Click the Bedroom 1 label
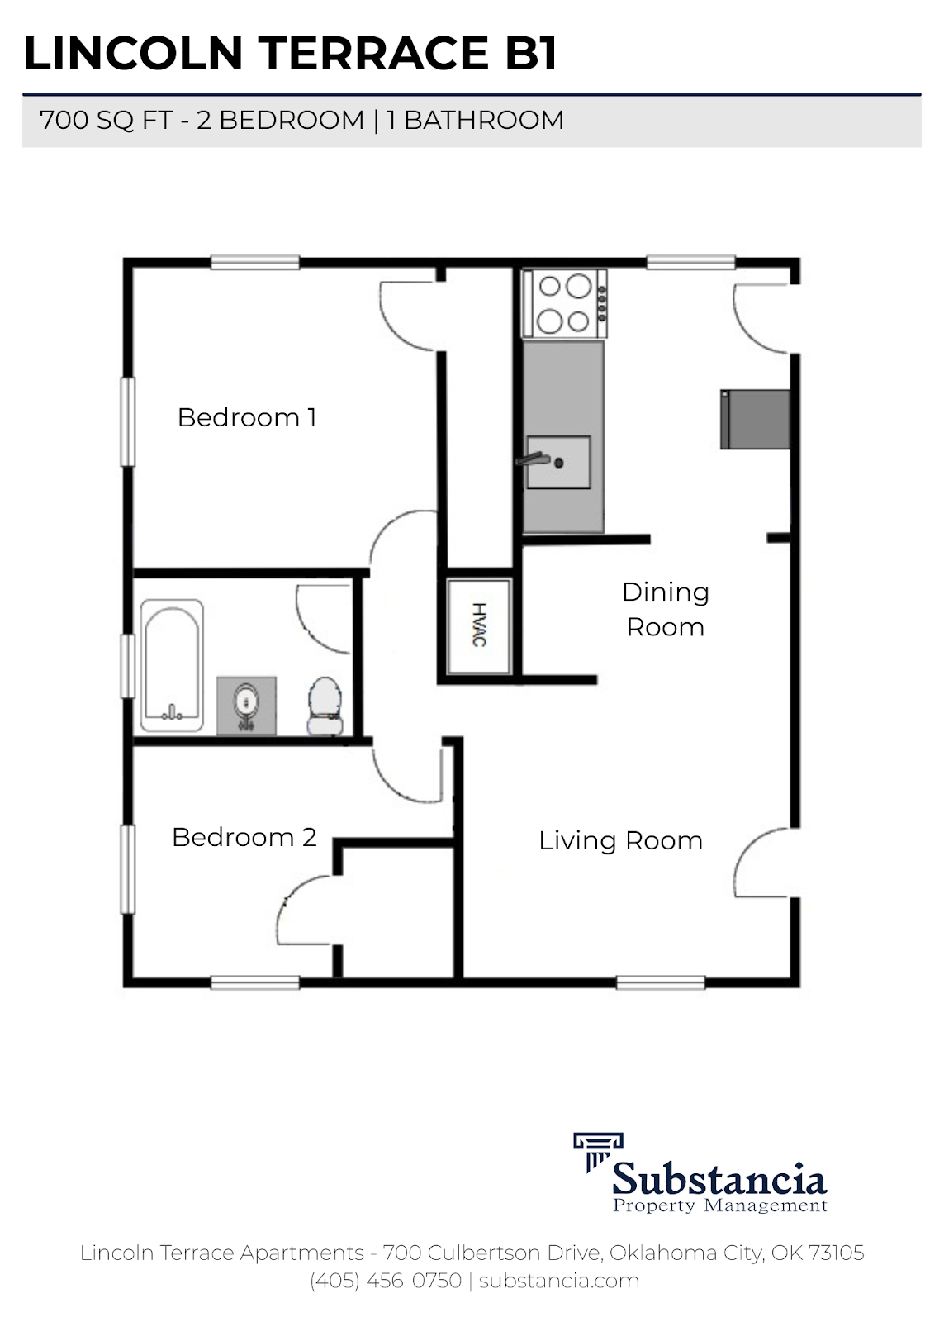click(x=246, y=417)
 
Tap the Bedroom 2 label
click(x=244, y=837)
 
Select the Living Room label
click(x=620, y=841)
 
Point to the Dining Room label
click(x=665, y=609)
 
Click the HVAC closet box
click(x=479, y=625)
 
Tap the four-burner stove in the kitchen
click(x=566, y=303)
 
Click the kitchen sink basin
click(x=558, y=462)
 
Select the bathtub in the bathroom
click(x=172, y=665)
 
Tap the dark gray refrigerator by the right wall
click(x=755, y=420)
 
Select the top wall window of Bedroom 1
click(x=254, y=263)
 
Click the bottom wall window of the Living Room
click(x=661, y=982)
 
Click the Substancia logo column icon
click(x=597, y=1150)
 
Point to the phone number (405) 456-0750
click(x=386, y=1281)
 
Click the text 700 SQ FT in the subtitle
click(x=106, y=121)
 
